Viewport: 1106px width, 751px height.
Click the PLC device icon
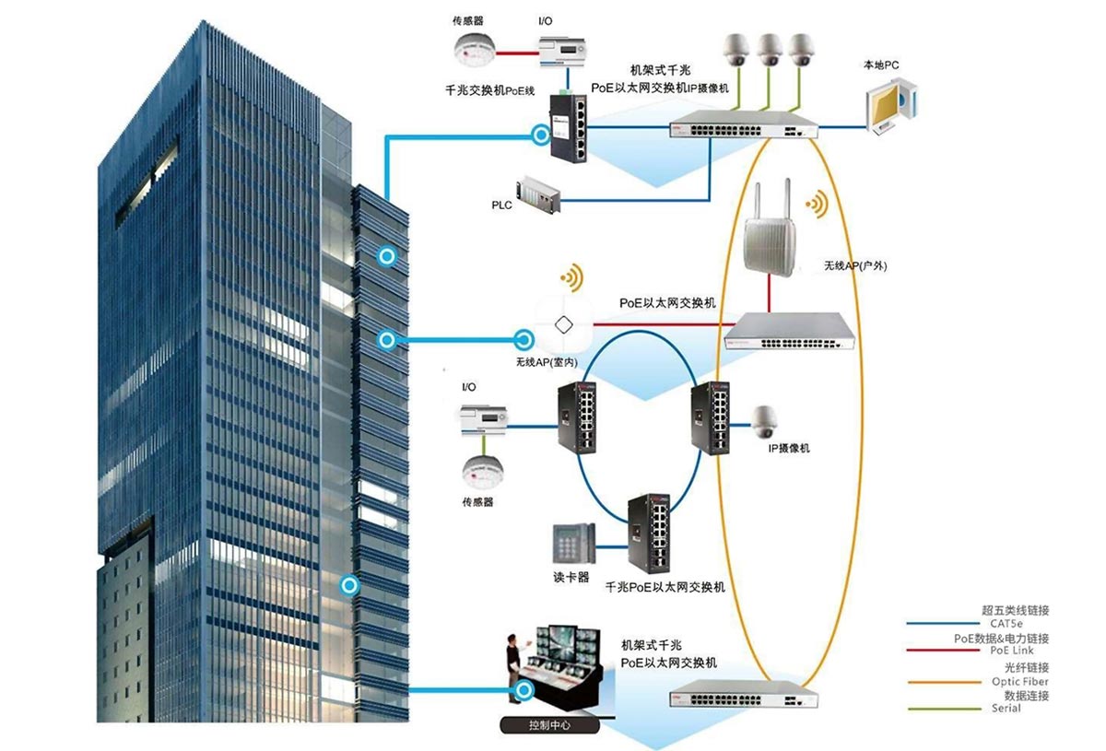click(538, 194)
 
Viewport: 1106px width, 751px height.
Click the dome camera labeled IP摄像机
click(764, 421)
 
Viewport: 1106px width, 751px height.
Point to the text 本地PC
click(881, 65)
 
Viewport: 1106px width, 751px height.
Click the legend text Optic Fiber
click(1018, 681)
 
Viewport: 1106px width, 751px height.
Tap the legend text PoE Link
click(1011, 651)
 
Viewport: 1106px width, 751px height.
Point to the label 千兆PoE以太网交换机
click(665, 587)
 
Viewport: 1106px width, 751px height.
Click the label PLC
click(501, 204)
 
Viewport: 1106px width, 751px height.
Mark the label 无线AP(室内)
click(547, 362)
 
